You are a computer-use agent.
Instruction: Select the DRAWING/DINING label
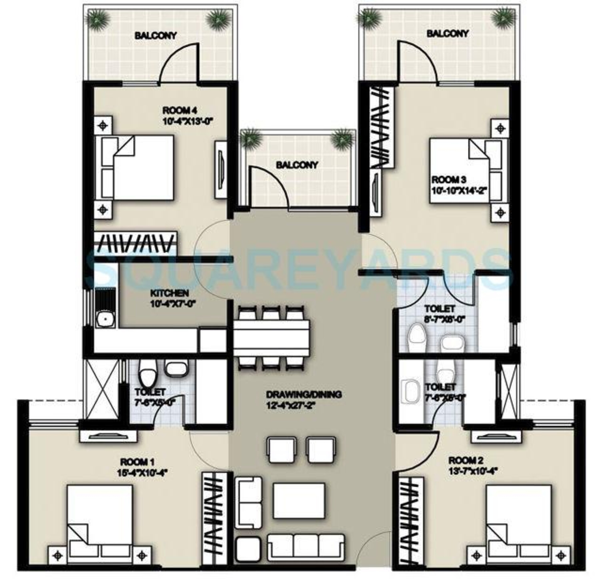[x=304, y=394]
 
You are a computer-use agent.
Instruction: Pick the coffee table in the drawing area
[x=299, y=500]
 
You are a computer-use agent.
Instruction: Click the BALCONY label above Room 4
[x=156, y=36]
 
